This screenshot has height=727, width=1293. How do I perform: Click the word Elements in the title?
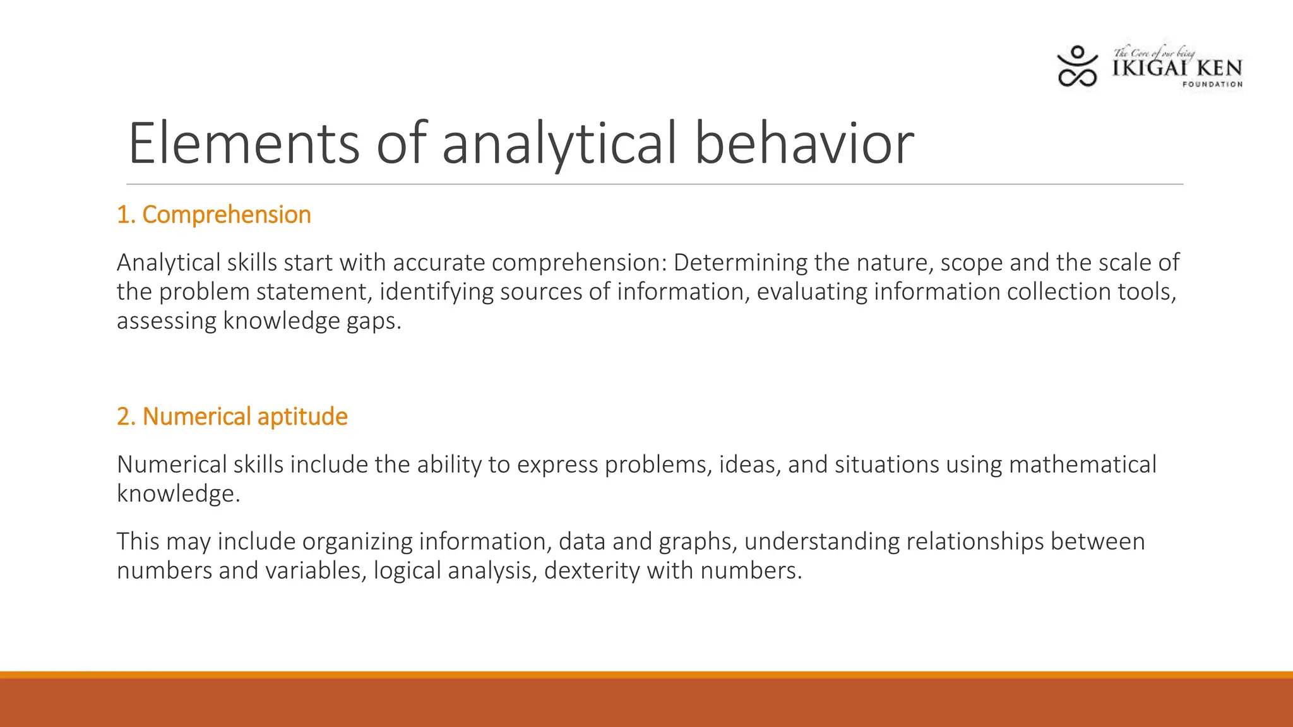tap(243, 144)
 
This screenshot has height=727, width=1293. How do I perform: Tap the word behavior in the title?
tap(804, 144)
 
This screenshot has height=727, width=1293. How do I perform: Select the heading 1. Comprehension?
tap(214, 215)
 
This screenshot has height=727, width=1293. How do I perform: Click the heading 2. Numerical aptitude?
tap(232, 417)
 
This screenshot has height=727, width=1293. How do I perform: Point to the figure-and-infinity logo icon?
tap(1077, 66)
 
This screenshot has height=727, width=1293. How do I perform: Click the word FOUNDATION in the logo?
tap(1212, 84)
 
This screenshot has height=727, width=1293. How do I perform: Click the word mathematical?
tap(1082, 464)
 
